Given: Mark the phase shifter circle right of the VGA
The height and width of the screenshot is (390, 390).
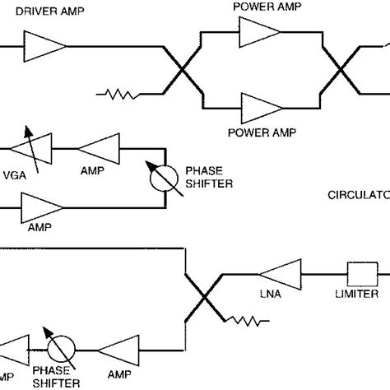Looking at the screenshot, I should (x=165, y=174).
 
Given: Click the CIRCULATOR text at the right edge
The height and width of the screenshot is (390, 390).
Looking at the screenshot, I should (x=358, y=197).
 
